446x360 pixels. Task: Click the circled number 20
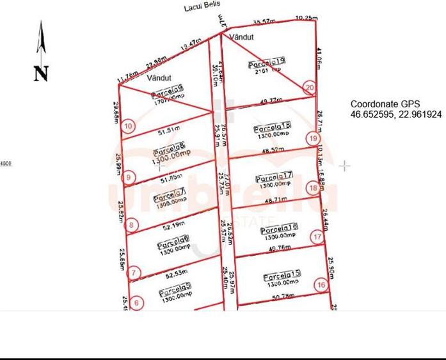(x=310, y=88)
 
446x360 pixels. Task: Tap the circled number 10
(x=129, y=127)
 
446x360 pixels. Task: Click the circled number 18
(x=313, y=188)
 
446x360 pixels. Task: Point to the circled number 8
(x=131, y=225)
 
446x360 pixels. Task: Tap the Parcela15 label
(x=282, y=276)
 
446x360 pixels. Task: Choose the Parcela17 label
(x=274, y=177)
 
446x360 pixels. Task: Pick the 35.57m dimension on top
(x=264, y=22)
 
